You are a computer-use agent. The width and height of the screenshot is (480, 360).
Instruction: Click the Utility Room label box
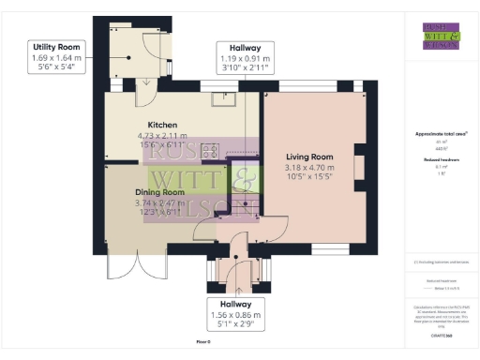click(57, 57)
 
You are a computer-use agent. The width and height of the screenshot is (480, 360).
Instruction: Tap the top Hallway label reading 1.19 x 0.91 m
click(245, 57)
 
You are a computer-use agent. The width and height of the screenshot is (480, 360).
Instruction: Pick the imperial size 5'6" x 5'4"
click(57, 67)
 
